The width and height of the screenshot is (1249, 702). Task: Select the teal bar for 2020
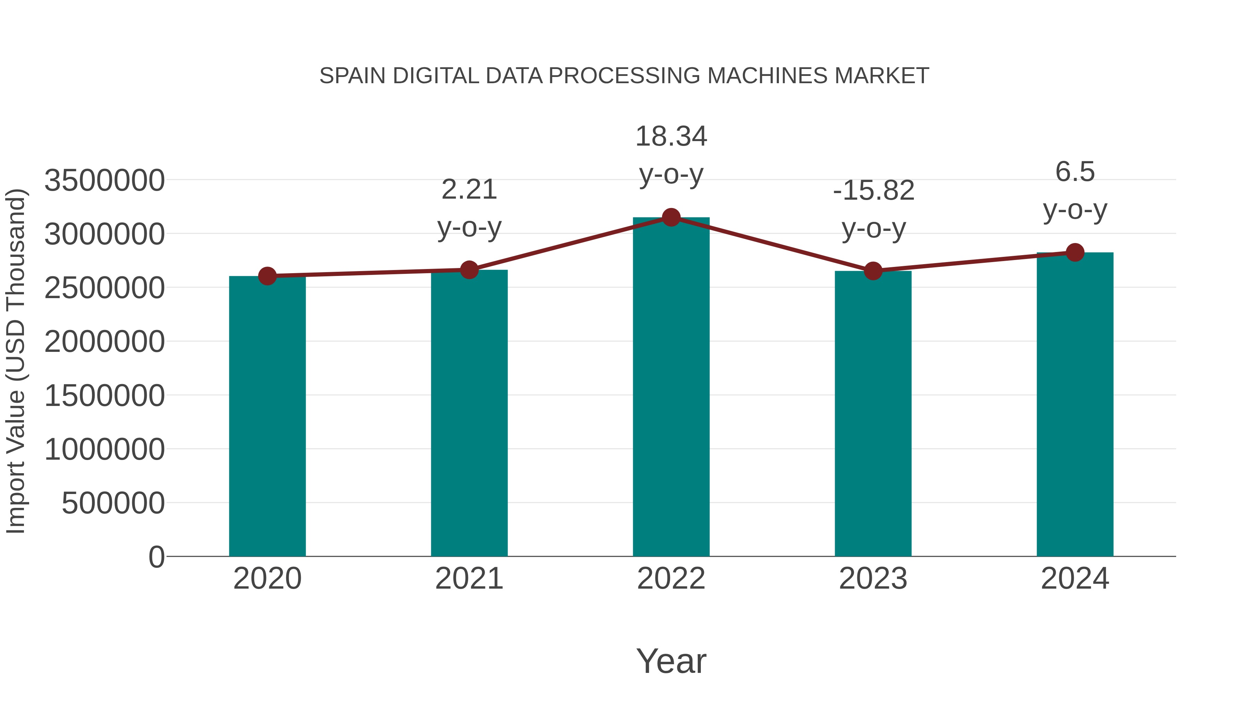pyautogui.click(x=267, y=417)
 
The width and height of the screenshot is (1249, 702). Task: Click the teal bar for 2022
pyautogui.click(x=671, y=388)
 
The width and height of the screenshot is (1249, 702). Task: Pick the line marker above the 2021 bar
pyautogui.click(x=469, y=270)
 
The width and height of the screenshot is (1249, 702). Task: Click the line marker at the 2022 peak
pyautogui.click(x=671, y=217)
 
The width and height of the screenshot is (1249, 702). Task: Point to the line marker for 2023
pyautogui.click(x=873, y=271)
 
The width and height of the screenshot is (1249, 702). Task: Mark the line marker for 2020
pyautogui.click(x=267, y=276)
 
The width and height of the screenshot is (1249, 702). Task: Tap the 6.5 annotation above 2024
pyautogui.click(x=1075, y=172)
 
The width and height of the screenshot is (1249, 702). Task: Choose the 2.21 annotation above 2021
pyautogui.click(x=469, y=189)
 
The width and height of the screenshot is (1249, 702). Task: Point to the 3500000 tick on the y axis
pyautogui.click(x=104, y=181)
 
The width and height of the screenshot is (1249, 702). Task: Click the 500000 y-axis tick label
pyautogui.click(x=113, y=503)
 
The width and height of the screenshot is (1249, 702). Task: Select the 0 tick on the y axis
pyautogui.click(x=156, y=557)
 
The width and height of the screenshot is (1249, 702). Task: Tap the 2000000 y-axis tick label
pyautogui.click(x=104, y=342)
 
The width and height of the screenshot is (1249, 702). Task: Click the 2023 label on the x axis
pyautogui.click(x=873, y=579)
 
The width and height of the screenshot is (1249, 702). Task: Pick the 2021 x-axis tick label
pyautogui.click(x=469, y=579)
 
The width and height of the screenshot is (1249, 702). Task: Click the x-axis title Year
pyautogui.click(x=671, y=661)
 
